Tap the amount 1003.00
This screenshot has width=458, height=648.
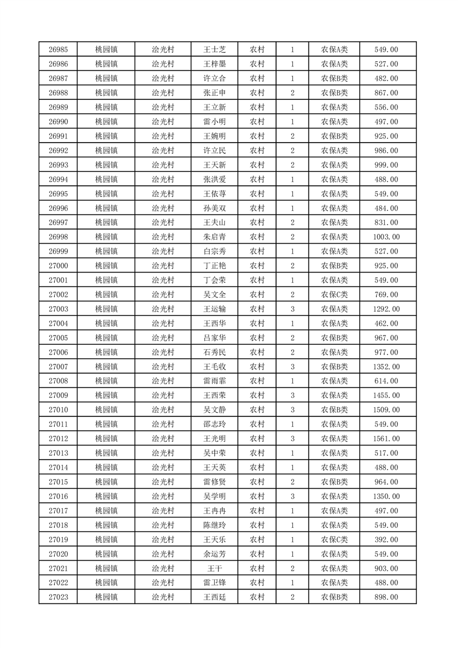[386, 237]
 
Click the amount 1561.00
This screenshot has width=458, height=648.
[386, 439]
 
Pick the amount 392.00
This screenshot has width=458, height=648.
[386, 540]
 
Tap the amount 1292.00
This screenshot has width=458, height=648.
[386, 309]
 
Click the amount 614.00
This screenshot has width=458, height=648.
[386, 381]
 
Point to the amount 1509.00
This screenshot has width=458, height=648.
[386, 410]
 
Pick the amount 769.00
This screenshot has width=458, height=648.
[386, 295]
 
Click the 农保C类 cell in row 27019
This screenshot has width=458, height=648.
[334, 540]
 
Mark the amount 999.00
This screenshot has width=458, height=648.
[386, 165]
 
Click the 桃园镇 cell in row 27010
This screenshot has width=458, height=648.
[106, 410]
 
